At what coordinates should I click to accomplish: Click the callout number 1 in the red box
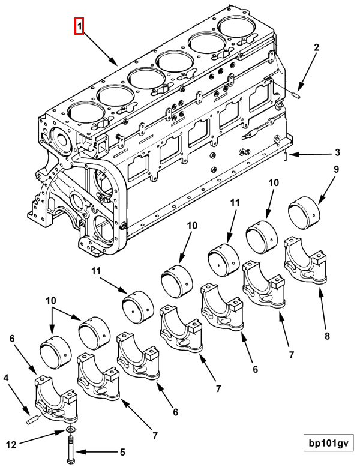point(79,26)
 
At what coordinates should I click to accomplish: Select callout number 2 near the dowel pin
point(316,47)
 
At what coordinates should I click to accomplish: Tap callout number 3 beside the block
point(337,152)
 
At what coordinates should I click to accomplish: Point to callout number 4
point(6,378)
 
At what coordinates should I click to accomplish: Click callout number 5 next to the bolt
point(122,452)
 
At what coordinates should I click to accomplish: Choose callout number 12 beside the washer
point(11,445)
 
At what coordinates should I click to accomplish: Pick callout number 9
point(336,169)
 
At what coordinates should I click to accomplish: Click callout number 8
point(327,336)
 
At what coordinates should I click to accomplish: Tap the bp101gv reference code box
point(328,444)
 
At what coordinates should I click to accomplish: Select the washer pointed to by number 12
point(71,429)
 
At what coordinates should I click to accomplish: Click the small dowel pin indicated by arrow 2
point(297,96)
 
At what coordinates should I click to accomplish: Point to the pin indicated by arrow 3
point(285,155)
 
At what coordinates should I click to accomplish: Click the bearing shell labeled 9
point(304,213)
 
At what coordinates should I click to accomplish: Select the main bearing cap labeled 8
point(306,261)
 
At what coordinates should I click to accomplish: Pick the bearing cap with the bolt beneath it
point(56,399)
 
